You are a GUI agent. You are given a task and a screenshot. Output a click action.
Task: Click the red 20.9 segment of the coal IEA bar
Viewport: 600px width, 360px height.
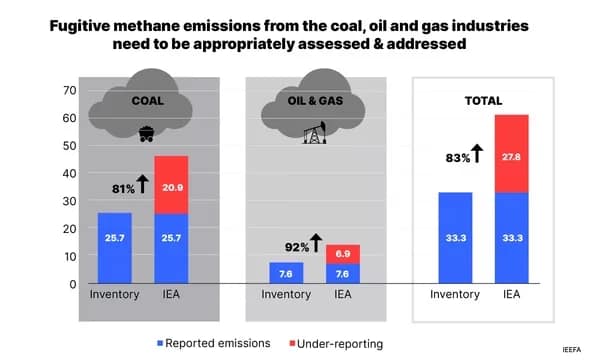pyautogui.click(x=171, y=185)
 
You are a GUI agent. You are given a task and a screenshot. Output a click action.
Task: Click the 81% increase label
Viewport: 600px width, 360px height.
pyautogui.click(x=123, y=187)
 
